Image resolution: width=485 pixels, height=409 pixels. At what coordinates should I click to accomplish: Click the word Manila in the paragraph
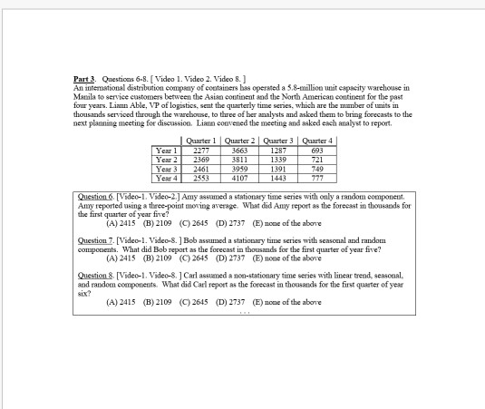click(88, 95)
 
